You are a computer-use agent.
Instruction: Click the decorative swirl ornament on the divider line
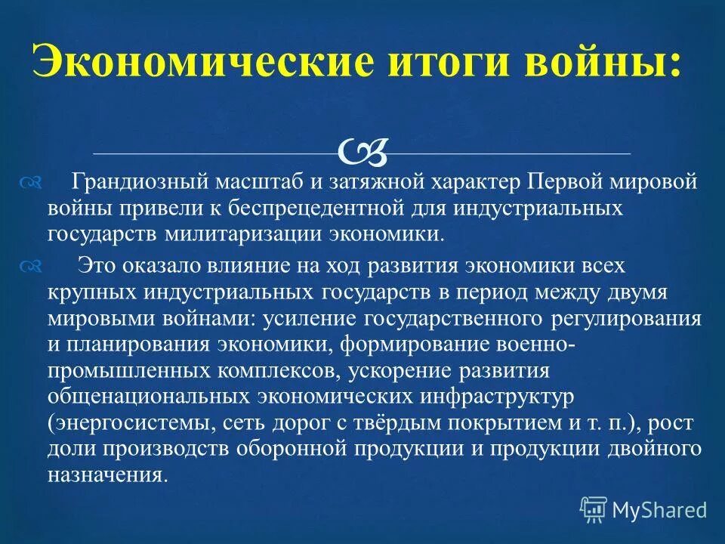(x=363, y=152)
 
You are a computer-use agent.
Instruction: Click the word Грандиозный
(x=138, y=183)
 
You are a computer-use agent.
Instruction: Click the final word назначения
(x=106, y=474)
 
